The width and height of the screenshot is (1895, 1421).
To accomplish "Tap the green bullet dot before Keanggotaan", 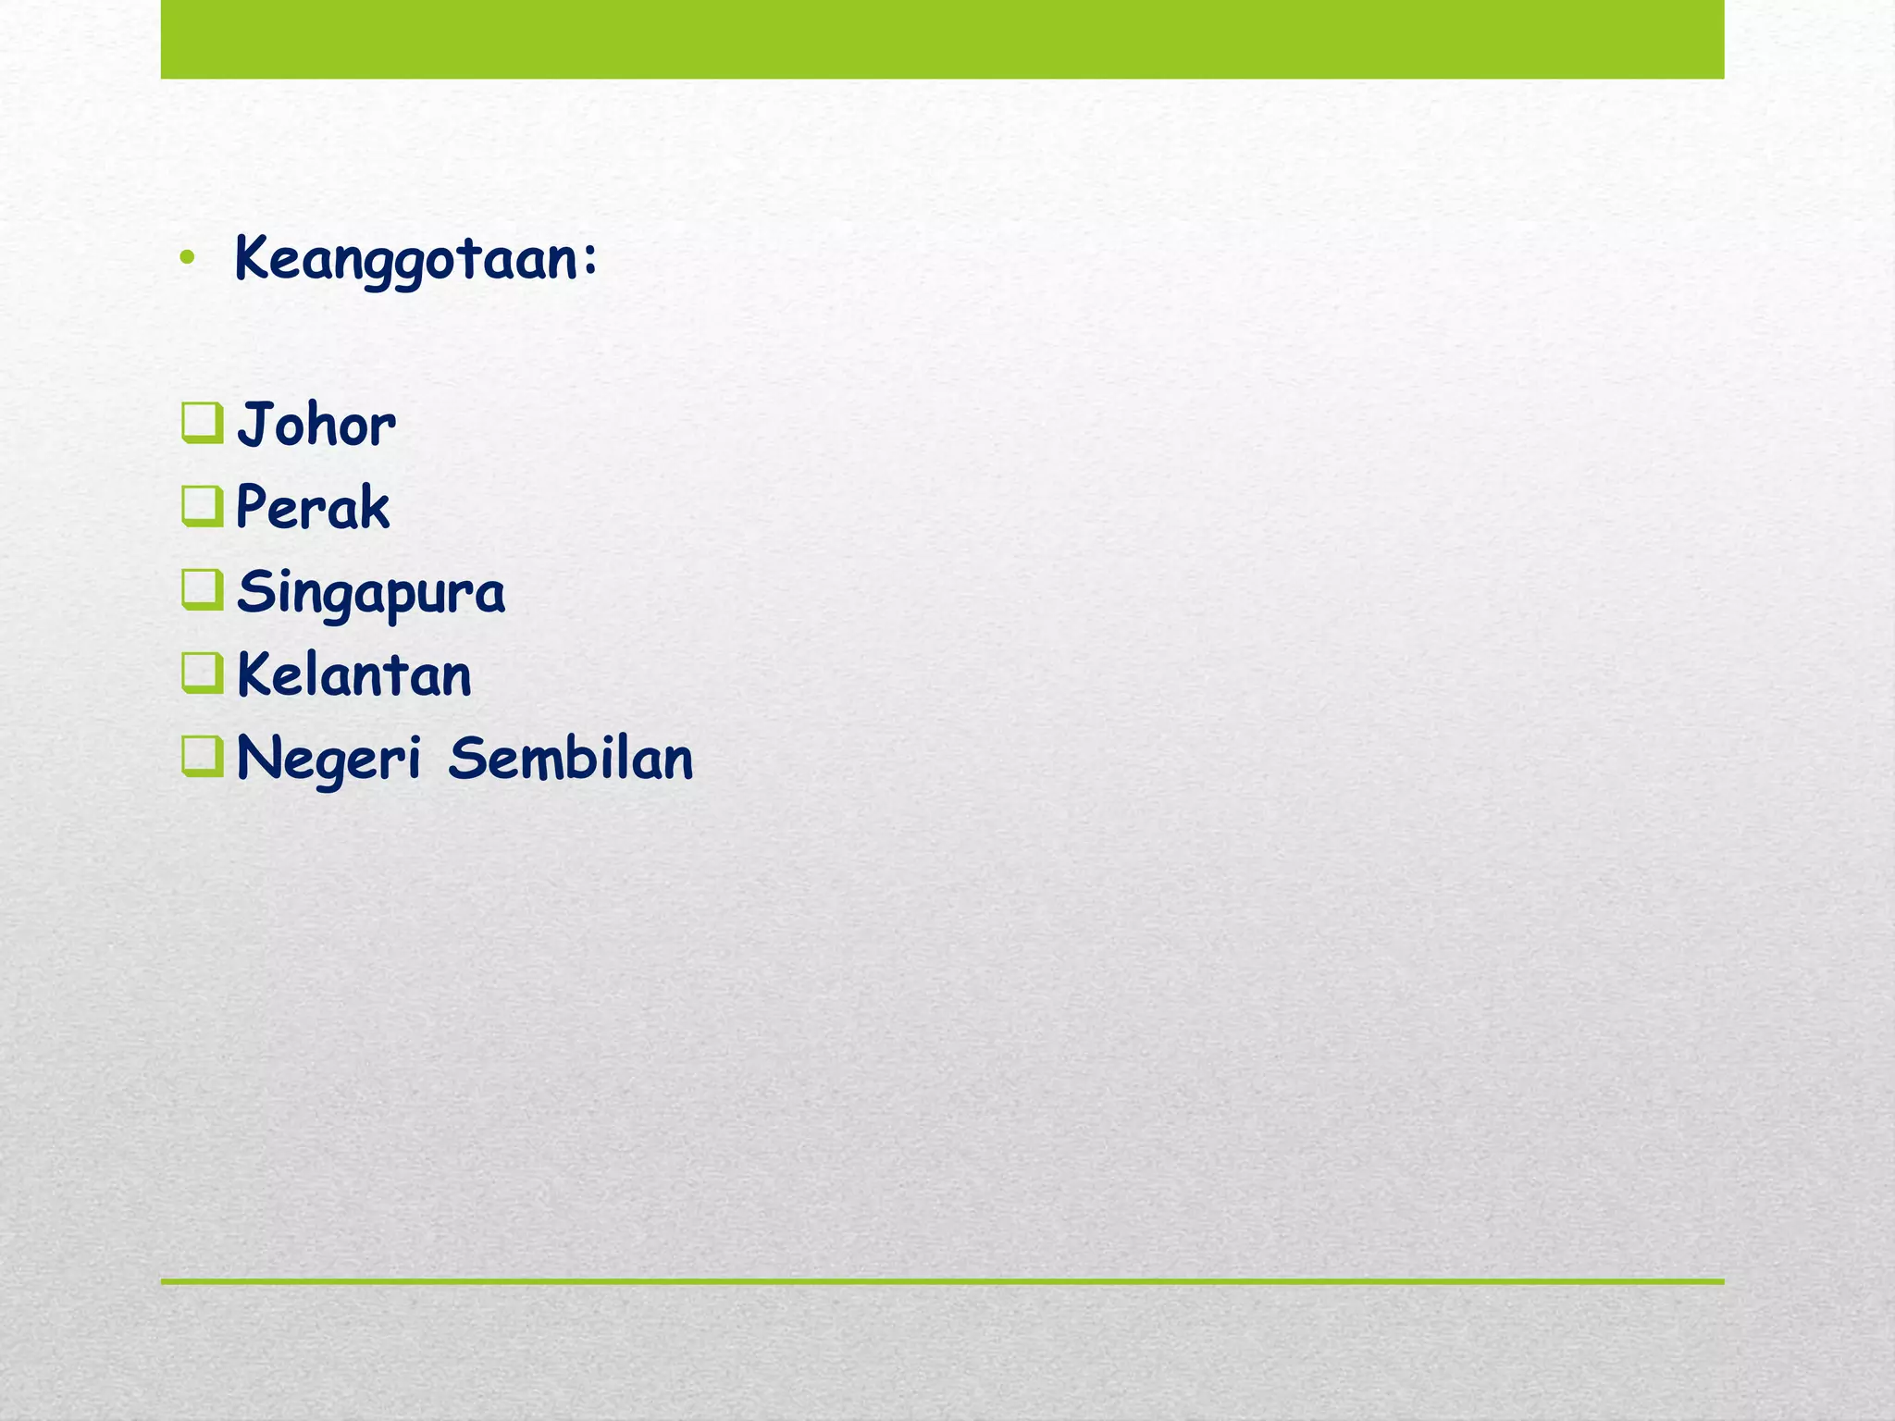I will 188,260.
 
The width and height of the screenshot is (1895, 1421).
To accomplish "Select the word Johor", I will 316,426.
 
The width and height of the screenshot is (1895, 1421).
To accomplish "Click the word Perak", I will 313,508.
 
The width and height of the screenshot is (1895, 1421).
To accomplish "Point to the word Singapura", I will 371,592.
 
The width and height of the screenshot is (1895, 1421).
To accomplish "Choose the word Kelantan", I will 354,675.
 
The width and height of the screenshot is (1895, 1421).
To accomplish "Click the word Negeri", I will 328,760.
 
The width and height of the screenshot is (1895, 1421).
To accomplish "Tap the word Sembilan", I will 571,759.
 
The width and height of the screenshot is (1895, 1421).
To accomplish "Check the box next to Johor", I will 202,424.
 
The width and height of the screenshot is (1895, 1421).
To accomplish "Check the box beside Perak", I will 202,506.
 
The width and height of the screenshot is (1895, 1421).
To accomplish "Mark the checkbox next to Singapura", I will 202,589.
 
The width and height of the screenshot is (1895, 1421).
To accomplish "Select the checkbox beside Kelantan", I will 202,673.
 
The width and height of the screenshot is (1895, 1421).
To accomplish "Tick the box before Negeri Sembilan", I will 202,756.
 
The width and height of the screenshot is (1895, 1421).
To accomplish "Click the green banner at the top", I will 942,39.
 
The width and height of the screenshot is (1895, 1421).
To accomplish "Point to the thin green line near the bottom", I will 942,1281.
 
